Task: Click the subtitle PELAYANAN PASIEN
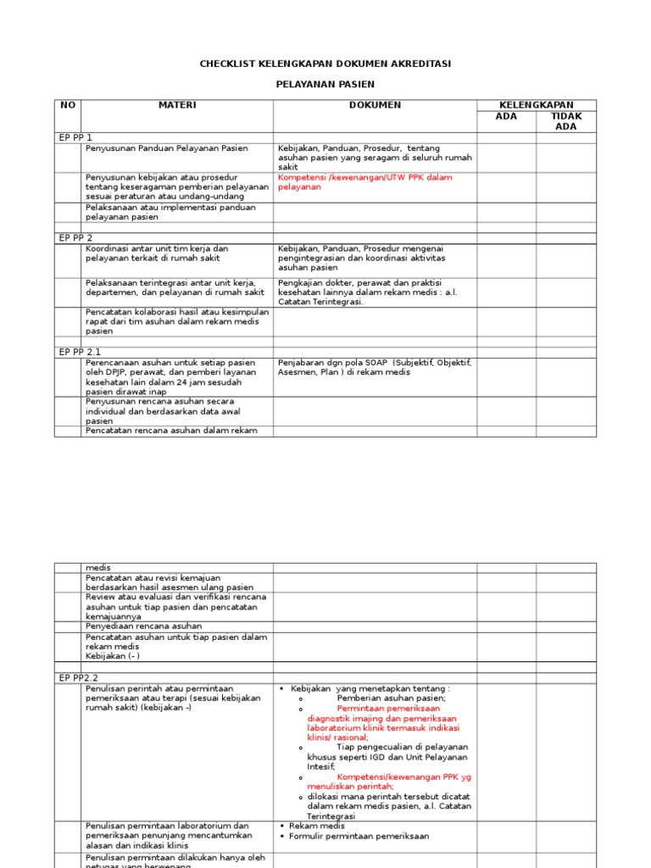pos(325,85)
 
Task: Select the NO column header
pos(68,105)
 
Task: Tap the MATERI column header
pos(177,105)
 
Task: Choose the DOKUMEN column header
pos(375,105)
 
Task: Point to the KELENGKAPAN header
pos(536,105)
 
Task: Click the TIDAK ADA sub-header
pos(565,121)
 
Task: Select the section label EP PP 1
pos(75,137)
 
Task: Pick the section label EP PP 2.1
pos(80,351)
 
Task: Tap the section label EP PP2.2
pos(79,678)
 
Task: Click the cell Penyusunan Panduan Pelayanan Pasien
pos(167,148)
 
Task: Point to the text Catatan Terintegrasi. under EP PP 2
pos(320,302)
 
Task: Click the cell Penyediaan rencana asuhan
pos(143,626)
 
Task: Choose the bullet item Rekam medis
pos(317,826)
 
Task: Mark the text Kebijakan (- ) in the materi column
pos(113,655)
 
